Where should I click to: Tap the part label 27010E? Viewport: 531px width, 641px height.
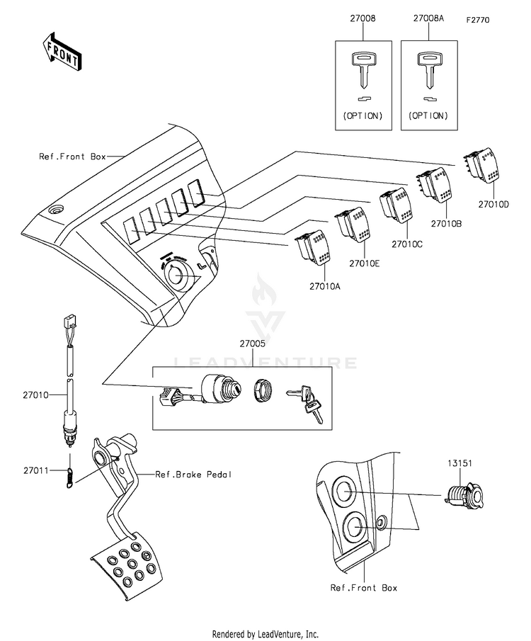[x=364, y=263]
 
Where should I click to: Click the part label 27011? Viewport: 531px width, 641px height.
[x=35, y=470]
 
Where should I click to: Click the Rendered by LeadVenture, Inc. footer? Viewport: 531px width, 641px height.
[x=265, y=634]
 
